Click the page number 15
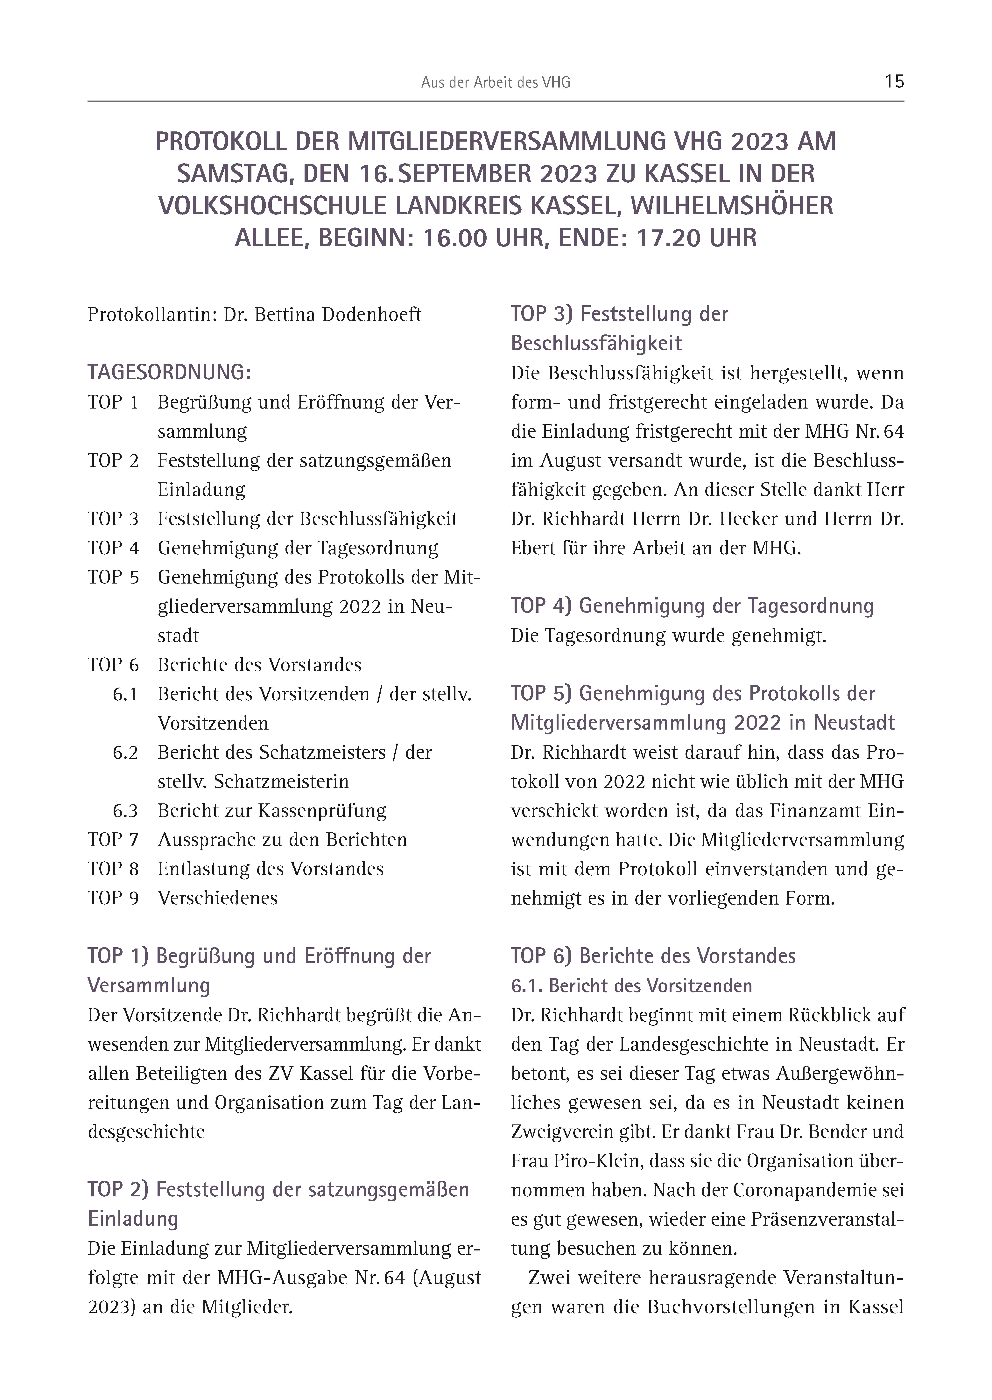pyautogui.click(x=894, y=81)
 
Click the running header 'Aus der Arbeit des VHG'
pyautogui.click(x=495, y=82)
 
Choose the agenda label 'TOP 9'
pyautogui.click(x=113, y=898)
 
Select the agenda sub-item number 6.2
pyautogui.click(x=125, y=752)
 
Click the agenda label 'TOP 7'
pyautogui.click(x=113, y=840)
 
